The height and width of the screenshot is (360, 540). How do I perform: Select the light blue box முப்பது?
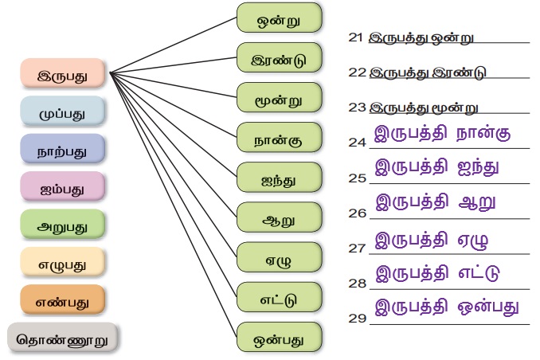pyautogui.click(x=62, y=112)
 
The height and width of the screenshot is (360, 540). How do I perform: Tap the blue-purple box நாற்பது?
pyautogui.click(x=62, y=150)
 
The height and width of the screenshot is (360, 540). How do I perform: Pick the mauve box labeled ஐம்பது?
pyautogui.click(x=62, y=187)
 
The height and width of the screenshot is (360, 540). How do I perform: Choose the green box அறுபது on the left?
pyautogui.click(x=61, y=225)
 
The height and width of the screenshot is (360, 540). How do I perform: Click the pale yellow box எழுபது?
pyautogui.click(x=61, y=263)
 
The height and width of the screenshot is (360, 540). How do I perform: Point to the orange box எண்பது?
pyautogui.click(x=61, y=300)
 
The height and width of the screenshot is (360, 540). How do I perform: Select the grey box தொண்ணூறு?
pyautogui.click(x=63, y=338)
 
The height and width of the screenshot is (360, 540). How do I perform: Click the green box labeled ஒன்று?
pyautogui.click(x=278, y=17)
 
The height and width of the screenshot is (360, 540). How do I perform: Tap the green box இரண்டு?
pyautogui.click(x=278, y=58)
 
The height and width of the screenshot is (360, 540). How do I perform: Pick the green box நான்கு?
pyautogui.click(x=278, y=139)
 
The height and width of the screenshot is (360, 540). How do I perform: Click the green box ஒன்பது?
pyautogui.click(x=278, y=337)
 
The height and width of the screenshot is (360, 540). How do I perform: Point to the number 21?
pyautogui.click(x=357, y=37)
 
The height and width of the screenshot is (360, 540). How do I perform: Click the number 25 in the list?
pyautogui.click(x=357, y=178)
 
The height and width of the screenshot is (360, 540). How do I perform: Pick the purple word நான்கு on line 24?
pyautogui.click(x=481, y=132)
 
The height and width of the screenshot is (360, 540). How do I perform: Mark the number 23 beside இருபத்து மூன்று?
pyautogui.click(x=357, y=106)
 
